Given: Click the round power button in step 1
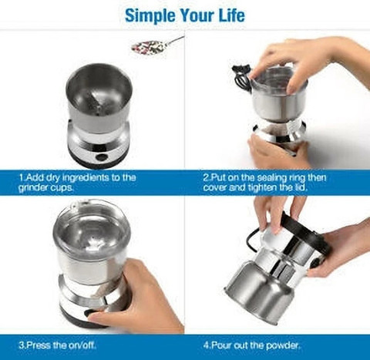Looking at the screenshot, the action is pos(101,157).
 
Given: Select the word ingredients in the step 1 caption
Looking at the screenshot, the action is pos(86,177).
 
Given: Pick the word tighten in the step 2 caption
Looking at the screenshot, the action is pos(263,187).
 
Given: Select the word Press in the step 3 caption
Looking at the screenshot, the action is pos(39,345).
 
